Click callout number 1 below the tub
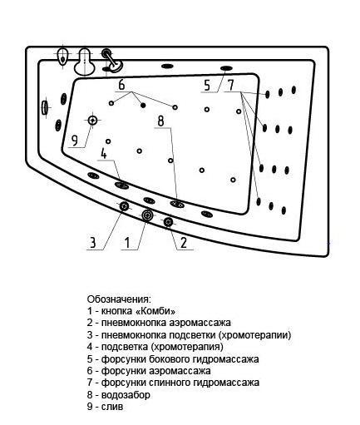point(127,242)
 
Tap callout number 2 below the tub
point(184,242)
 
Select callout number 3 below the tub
point(93,242)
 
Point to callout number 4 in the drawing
point(104,153)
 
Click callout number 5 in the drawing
point(207,85)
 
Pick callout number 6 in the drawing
point(121,85)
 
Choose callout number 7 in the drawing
point(230,85)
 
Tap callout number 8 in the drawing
point(160,121)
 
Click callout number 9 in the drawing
point(75,141)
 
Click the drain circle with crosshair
point(92,121)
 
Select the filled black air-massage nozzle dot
point(143,105)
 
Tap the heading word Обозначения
point(120,299)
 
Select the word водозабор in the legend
point(126,394)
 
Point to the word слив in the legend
point(112,407)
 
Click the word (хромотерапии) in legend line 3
point(254,335)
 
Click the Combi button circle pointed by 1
point(147,215)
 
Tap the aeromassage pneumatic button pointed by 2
point(168,221)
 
